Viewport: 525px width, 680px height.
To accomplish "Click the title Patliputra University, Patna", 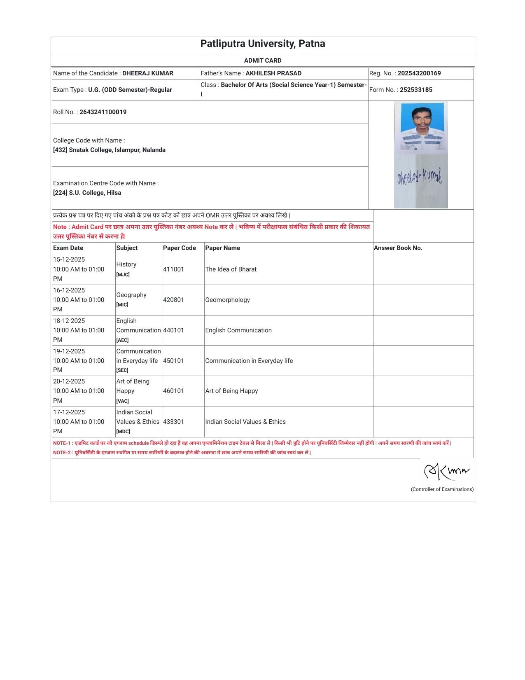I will (262, 44).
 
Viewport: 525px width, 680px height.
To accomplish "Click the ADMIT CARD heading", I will (262, 61).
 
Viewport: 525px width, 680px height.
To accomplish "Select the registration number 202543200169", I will (419, 73).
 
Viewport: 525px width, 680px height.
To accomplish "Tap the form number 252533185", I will (416, 90).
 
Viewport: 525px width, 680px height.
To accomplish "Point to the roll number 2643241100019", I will (103, 112).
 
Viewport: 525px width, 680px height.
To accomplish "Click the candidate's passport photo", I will (421, 127).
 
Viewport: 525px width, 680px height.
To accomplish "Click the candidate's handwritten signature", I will (420, 178).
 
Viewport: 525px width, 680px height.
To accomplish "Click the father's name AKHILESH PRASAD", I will (273, 73).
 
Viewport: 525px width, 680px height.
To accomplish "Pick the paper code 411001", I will (173, 269).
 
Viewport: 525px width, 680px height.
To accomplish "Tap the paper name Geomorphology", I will (227, 300).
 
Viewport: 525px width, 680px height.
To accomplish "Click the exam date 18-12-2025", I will (69, 321).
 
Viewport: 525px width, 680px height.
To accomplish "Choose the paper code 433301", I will (173, 422).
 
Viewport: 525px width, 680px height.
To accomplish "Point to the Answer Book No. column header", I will (398, 248).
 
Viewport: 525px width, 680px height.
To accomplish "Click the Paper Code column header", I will (179, 248).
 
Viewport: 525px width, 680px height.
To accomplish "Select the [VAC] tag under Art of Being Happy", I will (122, 401).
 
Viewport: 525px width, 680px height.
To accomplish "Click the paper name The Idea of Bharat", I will (231, 269).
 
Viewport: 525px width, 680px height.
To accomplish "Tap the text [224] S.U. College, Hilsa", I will (87, 193).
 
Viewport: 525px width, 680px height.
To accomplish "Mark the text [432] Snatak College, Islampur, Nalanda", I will (109, 150).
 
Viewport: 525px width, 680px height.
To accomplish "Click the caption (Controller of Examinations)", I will (442, 489).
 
